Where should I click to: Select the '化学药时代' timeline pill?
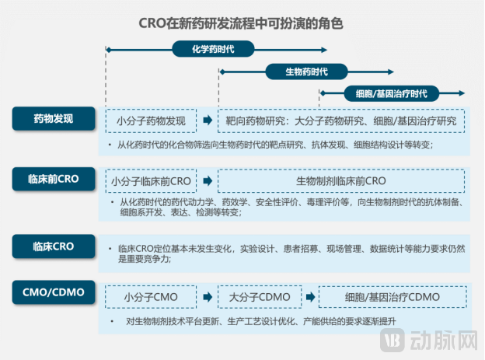(213, 49)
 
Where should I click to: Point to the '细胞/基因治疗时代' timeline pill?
(391, 93)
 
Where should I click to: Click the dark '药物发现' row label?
(54, 119)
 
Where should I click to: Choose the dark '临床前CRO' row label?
(54, 177)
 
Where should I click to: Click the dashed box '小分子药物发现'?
(151, 121)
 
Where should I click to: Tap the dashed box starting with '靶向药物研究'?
(341, 121)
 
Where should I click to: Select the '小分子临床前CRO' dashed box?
(151, 181)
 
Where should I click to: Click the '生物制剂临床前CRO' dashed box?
(341, 181)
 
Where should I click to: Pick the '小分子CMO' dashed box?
(151, 297)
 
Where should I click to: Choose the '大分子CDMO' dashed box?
(259, 297)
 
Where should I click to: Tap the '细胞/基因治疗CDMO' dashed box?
(392, 297)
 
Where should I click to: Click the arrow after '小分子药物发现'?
(207, 121)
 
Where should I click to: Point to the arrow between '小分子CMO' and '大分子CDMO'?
(207, 297)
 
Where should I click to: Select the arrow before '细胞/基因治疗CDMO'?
(309, 297)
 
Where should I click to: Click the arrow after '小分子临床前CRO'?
(207, 181)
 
